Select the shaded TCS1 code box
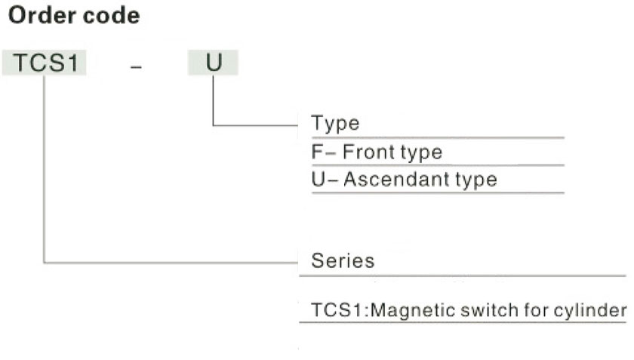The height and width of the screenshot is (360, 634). point(44,63)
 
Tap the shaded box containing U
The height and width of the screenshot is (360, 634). point(213,63)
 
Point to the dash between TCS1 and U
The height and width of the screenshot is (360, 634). point(137,66)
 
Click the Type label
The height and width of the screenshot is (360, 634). point(335,122)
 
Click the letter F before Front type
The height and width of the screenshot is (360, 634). point(317,152)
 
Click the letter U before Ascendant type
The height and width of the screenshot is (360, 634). point(319,179)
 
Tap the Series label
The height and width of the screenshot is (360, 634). point(343,260)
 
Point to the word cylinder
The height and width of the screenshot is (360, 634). point(590,310)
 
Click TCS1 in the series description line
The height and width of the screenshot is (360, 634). point(337,310)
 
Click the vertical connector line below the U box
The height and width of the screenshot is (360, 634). point(213,100)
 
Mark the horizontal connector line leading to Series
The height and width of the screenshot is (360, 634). point(171,263)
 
